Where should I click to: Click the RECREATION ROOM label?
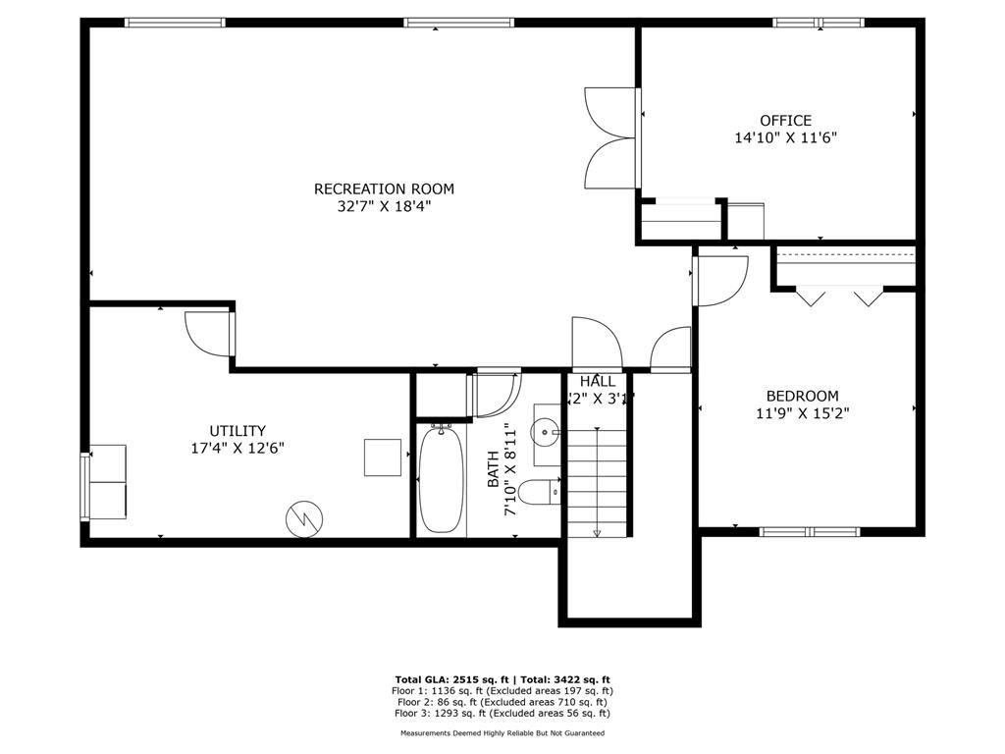coord(384,188)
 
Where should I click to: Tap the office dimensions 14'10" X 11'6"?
coord(785,138)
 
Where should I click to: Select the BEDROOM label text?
coord(802,396)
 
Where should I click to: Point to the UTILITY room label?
coord(238,430)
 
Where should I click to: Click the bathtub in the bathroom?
coord(440,479)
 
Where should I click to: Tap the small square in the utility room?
coord(383,457)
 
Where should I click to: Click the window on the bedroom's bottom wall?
coord(810,531)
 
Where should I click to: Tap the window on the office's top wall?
coord(818,22)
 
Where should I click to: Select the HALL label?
coord(598,381)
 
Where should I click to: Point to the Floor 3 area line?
coord(502,714)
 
